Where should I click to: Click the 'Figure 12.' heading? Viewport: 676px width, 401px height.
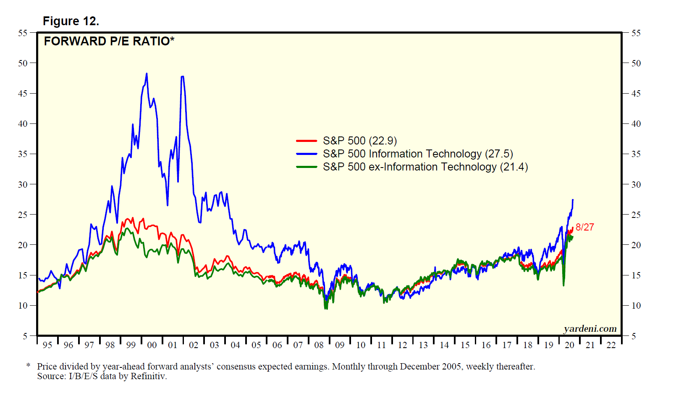(71, 21)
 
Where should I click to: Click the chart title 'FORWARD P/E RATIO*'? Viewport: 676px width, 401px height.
(109, 41)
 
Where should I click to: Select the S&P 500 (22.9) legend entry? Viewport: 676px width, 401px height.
(359, 141)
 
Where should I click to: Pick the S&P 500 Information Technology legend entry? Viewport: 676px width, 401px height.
(418, 154)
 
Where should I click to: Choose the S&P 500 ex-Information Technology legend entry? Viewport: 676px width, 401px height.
(425, 167)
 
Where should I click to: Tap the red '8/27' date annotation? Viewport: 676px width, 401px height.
(584, 227)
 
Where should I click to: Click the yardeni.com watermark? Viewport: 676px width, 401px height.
(590, 329)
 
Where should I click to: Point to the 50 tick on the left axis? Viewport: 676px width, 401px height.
(23, 63)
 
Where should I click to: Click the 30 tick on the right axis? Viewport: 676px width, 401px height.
(636, 185)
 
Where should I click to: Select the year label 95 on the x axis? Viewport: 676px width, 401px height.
(47, 345)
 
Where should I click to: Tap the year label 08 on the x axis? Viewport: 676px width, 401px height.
(319, 345)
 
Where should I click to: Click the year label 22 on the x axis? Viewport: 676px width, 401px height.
(611, 345)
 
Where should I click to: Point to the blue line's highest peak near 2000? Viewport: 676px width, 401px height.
(147, 73)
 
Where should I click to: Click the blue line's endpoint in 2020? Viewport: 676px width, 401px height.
(573, 200)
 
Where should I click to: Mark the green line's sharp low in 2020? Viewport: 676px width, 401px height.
(563, 286)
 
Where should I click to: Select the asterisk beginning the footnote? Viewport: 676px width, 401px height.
(29, 366)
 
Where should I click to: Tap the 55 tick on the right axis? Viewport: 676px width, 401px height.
(636, 33)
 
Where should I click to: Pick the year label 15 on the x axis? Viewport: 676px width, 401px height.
(465, 345)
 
